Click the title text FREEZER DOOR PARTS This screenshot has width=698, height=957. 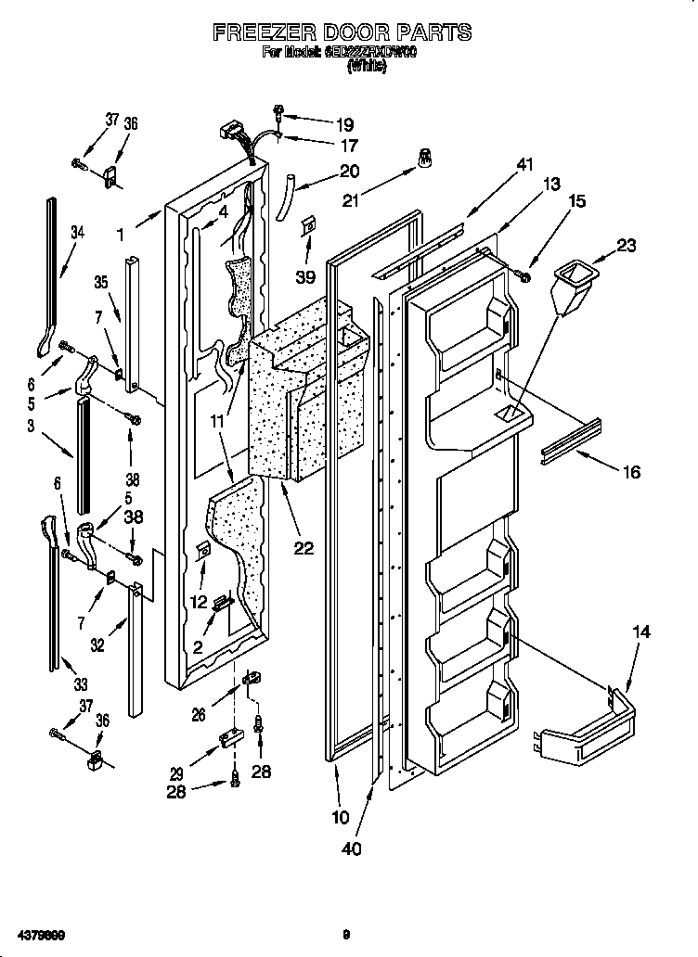pyautogui.click(x=343, y=32)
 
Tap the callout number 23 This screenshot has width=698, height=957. pyautogui.click(x=627, y=246)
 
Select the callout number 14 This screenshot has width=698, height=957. pyautogui.click(x=641, y=632)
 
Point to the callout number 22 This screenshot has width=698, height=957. pyautogui.click(x=304, y=547)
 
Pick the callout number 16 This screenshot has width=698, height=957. pyautogui.click(x=630, y=472)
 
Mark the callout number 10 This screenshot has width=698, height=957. pyautogui.click(x=341, y=817)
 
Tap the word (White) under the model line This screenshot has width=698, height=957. pyautogui.click(x=366, y=67)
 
